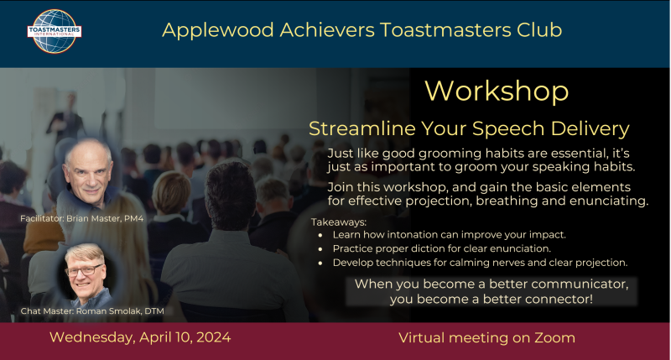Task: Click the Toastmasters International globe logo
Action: coord(55,31)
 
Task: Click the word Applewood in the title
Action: coord(218,30)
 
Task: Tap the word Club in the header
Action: coord(539,29)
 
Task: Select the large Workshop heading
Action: coord(497,91)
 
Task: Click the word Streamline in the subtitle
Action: coord(362,128)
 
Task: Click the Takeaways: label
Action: coord(339,222)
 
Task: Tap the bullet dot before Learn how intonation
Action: coord(320,235)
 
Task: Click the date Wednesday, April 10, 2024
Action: coord(140,337)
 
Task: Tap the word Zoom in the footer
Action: coord(554,337)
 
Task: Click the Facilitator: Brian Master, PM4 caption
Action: coord(81,218)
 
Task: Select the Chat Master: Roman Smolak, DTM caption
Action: coord(92,311)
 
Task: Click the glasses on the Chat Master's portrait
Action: coord(85,270)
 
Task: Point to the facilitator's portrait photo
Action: coord(89,174)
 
